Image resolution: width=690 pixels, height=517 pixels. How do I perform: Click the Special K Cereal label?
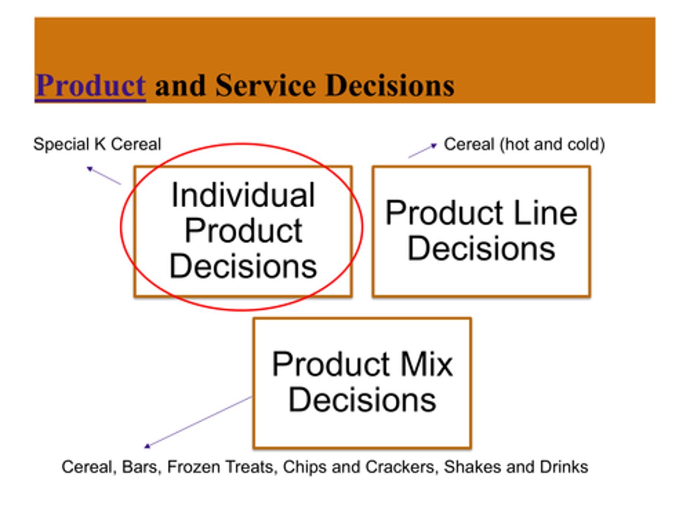coord(97,144)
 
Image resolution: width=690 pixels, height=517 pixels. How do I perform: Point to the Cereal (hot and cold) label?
coord(524,144)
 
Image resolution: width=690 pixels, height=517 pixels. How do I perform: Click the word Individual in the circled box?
coord(243,195)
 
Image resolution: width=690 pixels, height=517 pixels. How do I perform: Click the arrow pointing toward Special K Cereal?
coord(103,175)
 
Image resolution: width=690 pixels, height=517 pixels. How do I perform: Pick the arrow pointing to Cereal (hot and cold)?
coord(423,150)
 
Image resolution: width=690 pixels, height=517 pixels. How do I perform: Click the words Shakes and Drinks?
coord(516,467)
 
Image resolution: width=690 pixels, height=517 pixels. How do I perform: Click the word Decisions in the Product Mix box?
coord(362,400)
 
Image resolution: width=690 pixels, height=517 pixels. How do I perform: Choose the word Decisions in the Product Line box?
coord(481,249)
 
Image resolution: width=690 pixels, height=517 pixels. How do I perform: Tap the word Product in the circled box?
coord(243,231)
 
